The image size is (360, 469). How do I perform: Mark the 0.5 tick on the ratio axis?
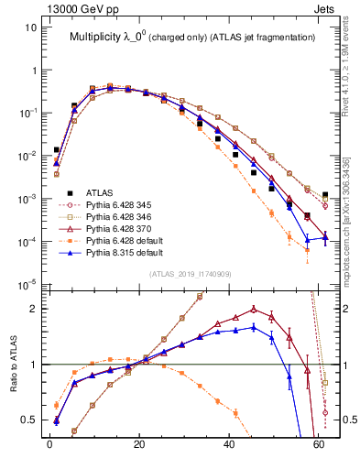pos(30,420)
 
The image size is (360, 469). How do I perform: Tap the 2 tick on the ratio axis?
pos(35,309)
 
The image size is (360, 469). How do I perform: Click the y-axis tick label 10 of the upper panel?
pos(31,27)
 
